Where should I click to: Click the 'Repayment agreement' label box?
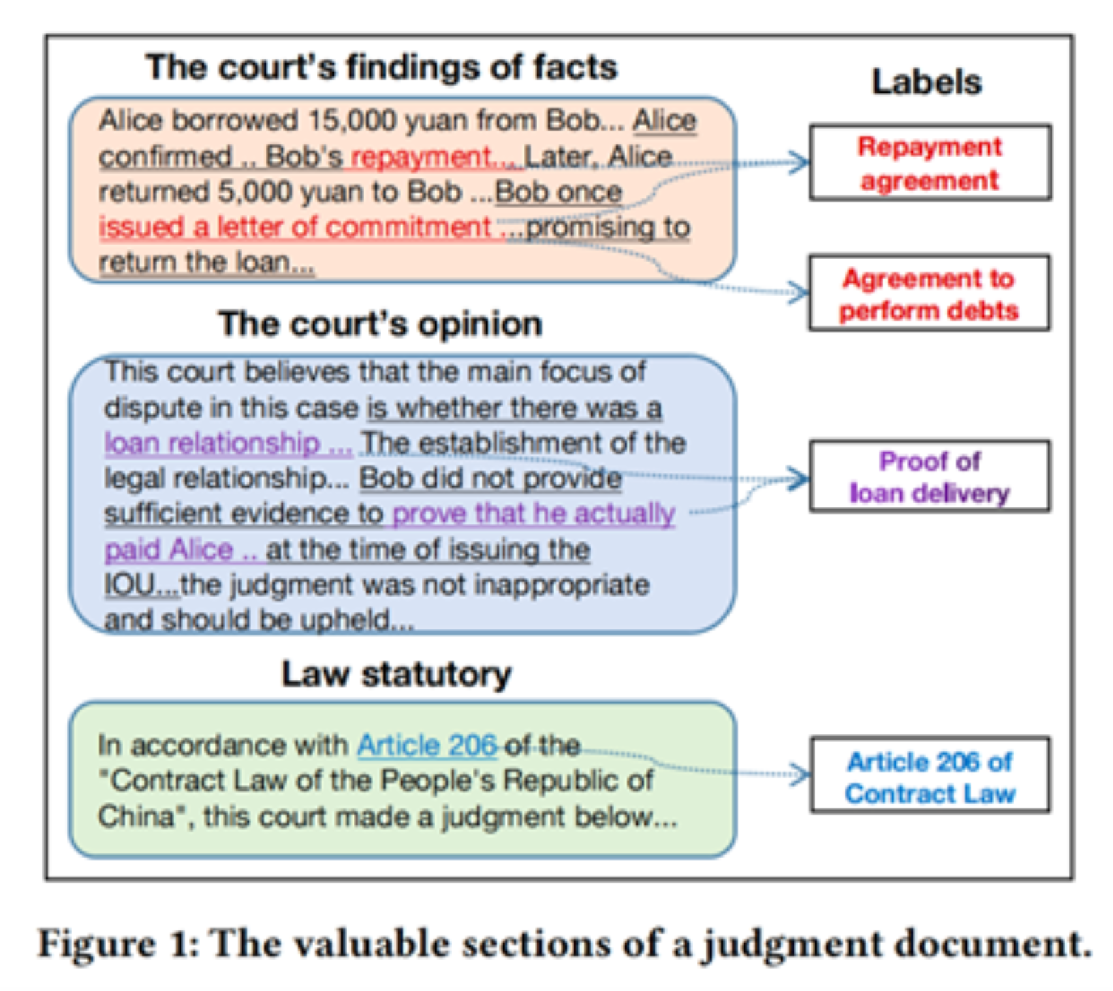pos(930,162)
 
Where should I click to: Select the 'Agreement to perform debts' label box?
pos(929,293)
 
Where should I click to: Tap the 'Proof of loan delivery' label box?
pos(930,476)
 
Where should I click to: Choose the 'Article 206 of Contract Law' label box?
pos(930,775)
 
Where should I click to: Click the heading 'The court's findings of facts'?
pos(381,67)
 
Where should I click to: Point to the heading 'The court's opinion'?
pos(380,324)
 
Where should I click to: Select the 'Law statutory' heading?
pos(396,674)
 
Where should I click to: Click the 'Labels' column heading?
pos(926,82)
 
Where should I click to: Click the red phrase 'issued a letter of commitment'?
pos(295,227)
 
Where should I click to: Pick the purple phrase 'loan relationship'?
pos(212,443)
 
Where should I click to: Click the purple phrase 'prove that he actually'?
pos(534,514)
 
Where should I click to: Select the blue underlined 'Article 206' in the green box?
pos(426,745)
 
